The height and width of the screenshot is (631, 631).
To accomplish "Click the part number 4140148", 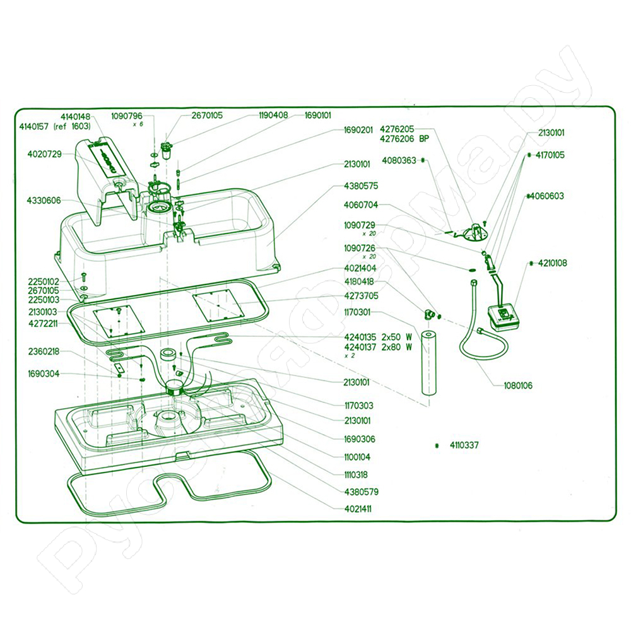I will click(x=76, y=117).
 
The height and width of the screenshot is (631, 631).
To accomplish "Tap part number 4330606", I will click(x=44, y=201).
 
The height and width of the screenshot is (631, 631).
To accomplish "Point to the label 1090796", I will click(x=127, y=116).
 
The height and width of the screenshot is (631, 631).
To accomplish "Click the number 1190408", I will click(x=273, y=115).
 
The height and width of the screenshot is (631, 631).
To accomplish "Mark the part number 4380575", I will click(x=361, y=186).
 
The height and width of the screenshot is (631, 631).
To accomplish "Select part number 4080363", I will click(x=399, y=161).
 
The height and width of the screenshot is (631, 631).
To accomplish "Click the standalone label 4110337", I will click(x=464, y=445).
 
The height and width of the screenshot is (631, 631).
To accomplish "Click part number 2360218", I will click(x=44, y=351).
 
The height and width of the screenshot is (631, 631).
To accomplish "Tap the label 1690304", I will click(x=44, y=374).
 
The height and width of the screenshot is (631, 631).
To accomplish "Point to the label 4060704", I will click(x=361, y=205).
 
